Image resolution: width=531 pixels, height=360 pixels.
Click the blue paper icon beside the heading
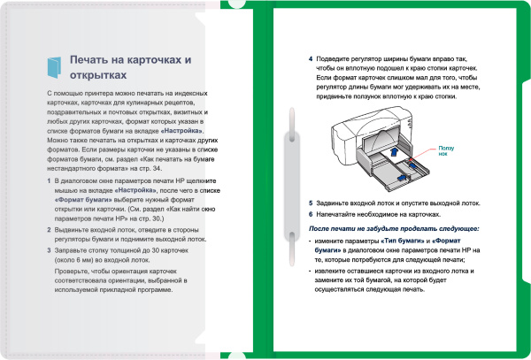point(55,65)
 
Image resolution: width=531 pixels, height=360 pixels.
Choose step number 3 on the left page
point(48,251)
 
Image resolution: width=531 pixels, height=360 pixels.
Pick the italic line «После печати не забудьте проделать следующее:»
point(394,228)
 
